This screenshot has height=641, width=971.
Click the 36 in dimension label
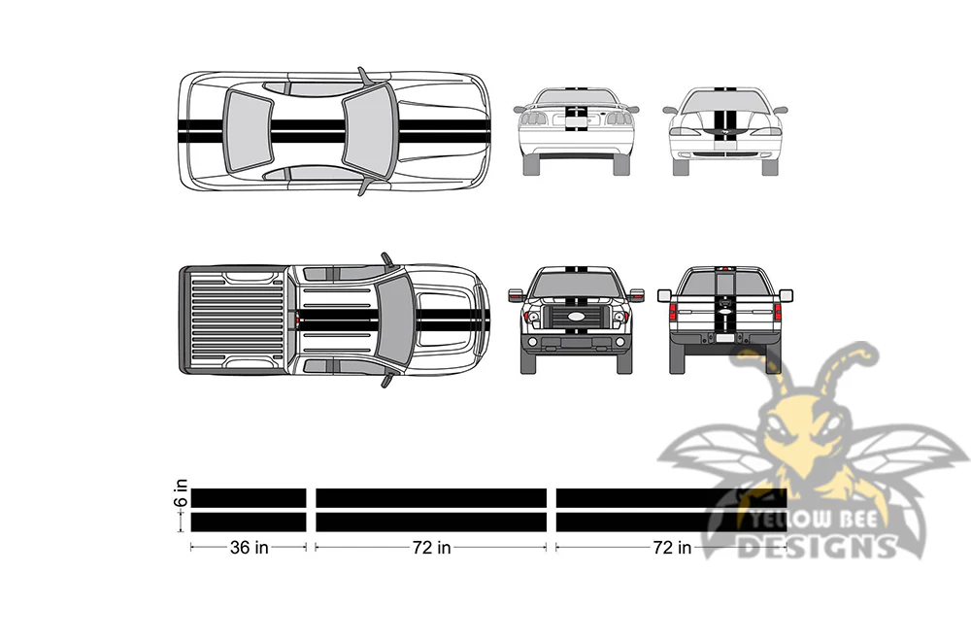point(249,548)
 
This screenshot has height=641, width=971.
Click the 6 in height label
point(181,493)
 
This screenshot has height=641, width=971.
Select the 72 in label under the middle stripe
point(432,548)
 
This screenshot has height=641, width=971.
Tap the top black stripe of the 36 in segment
point(249,498)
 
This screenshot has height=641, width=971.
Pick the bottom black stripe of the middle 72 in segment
point(431,523)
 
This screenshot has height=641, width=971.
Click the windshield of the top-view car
point(368,131)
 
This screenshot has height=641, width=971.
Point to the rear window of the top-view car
point(247,131)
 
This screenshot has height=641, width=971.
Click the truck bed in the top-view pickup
point(236,320)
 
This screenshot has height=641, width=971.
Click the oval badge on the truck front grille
point(575,317)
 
